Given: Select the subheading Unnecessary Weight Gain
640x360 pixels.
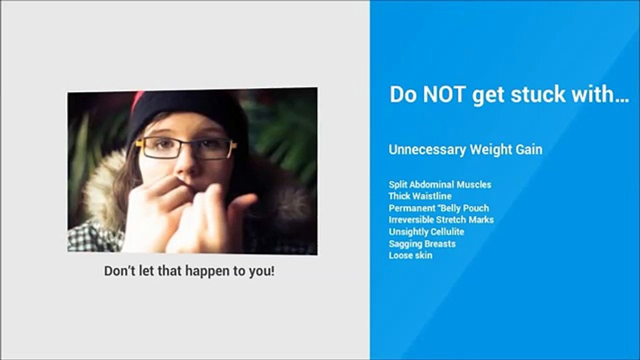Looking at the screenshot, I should [x=465, y=149].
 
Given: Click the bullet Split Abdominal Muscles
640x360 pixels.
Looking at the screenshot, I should [x=440, y=184].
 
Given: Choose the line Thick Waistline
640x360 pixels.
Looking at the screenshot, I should [x=420, y=196].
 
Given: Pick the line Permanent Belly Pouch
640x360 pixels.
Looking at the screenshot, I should [x=438, y=208].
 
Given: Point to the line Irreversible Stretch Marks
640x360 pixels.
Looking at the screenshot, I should [x=441, y=219].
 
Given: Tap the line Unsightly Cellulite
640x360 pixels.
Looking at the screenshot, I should [x=426, y=231].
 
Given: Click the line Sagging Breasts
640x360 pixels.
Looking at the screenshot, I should [x=422, y=243].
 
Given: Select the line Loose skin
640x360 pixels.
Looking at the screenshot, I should [x=410, y=255].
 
